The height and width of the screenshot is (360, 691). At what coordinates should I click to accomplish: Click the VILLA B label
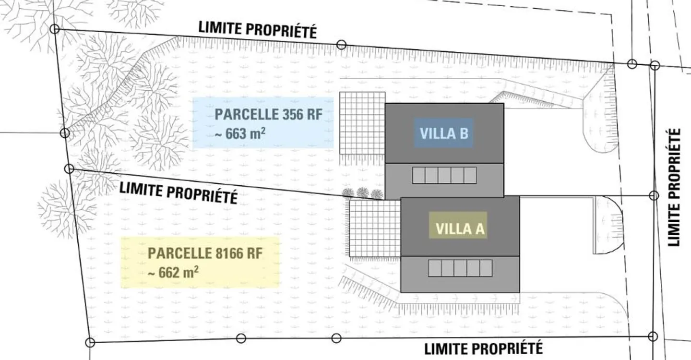coord(444,133)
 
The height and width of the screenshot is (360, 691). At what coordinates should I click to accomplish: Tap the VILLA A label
coord(460,229)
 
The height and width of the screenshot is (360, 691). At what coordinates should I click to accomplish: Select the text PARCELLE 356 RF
coord(268,114)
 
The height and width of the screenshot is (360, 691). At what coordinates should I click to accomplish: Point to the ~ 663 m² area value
coord(240,134)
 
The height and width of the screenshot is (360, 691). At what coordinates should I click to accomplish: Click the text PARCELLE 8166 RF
coord(205,253)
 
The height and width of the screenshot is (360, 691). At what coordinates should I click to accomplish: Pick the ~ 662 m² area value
coord(173,272)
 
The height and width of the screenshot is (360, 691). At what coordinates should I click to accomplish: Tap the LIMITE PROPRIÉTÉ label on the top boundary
coord(258,30)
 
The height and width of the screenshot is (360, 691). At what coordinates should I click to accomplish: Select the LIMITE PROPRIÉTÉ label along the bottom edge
coord(483,349)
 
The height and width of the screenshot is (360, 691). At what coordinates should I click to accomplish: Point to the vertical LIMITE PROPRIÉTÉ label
coord(674,187)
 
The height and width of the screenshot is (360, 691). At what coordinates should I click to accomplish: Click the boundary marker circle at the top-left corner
coord(55,29)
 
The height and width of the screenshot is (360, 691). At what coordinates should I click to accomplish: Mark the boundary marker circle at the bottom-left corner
coord(90,342)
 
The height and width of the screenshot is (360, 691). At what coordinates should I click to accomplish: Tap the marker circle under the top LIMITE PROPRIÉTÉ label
coord(341,45)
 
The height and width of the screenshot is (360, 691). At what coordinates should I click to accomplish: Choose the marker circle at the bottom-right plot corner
coord(653,336)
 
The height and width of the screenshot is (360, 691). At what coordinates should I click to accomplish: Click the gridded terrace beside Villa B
coord(362,123)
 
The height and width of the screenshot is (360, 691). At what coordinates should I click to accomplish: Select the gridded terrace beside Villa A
coord(375,228)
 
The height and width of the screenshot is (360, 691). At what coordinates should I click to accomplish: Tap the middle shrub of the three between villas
coord(363,193)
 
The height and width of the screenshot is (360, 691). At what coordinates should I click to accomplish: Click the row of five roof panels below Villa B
coord(444,175)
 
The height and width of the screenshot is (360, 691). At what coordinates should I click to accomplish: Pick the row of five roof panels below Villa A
coord(460,268)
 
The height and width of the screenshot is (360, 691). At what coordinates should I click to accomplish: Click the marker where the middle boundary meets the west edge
coord(70,169)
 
